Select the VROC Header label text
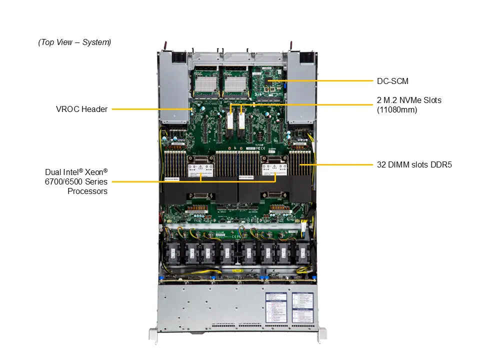[x=81, y=109]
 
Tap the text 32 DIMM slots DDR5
[x=414, y=164]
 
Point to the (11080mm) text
[x=397, y=109]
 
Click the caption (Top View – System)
[x=74, y=42]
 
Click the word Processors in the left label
[x=87, y=191]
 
